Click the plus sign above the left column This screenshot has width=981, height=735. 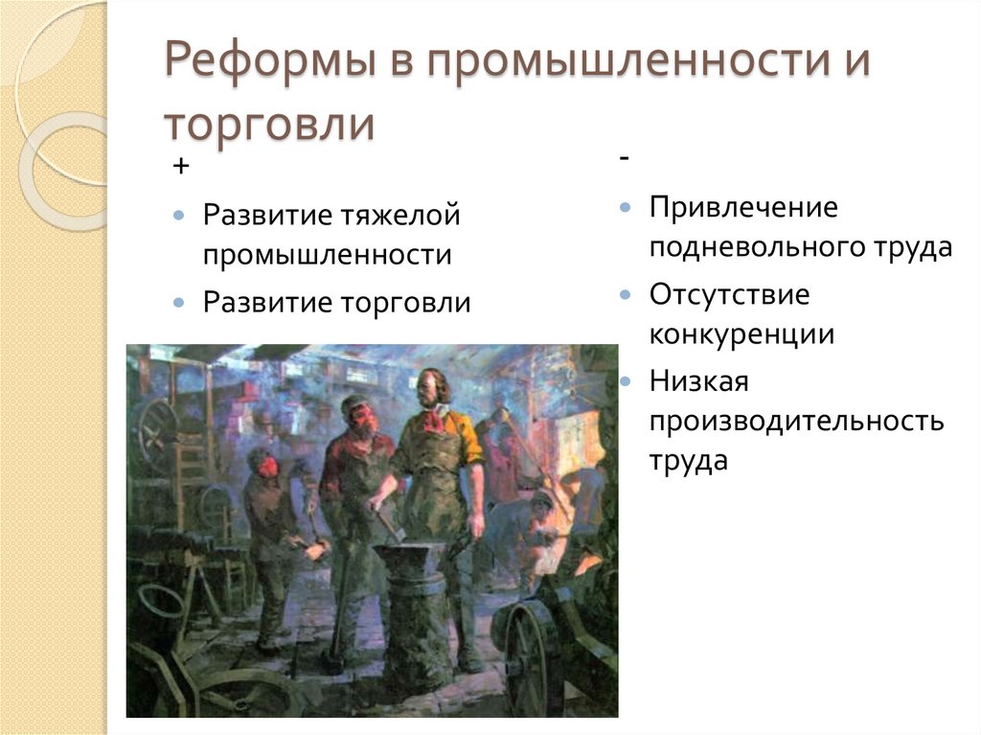pos(181,167)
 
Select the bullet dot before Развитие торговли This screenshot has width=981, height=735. pos(179,303)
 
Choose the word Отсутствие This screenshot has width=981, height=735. pos(729,294)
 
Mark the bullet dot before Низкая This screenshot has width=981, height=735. pos(625,381)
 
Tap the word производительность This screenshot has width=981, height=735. pos(797,421)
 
